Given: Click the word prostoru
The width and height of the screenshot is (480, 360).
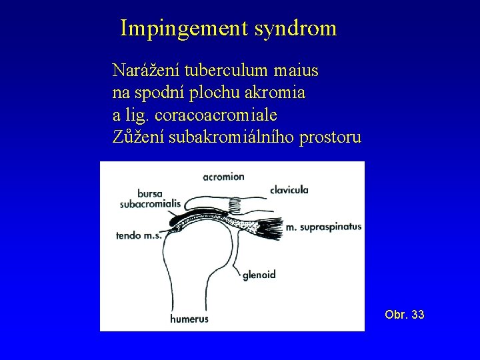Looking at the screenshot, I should (x=332, y=138).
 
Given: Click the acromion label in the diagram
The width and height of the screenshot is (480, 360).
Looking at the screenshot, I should (x=224, y=177).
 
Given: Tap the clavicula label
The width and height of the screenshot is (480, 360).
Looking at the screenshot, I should (x=289, y=190).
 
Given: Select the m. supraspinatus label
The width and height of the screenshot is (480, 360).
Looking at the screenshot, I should (x=323, y=227).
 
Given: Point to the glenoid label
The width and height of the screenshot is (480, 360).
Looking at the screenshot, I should (x=260, y=273).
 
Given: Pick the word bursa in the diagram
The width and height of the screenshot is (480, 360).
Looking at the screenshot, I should (x=151, y=194).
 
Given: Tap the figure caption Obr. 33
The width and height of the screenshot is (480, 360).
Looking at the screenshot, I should (x=404, y=314).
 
